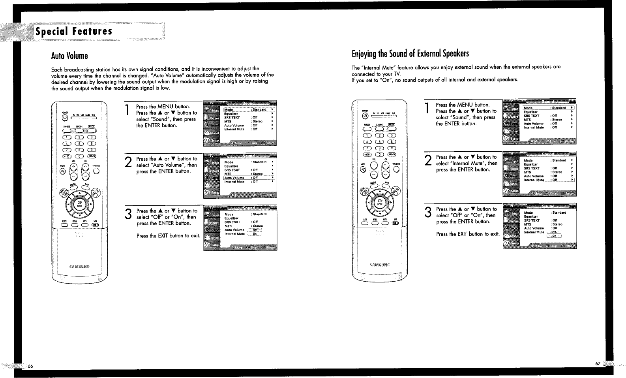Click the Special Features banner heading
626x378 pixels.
[x=74, y=32]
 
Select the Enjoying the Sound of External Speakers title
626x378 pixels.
[x=410, y=54]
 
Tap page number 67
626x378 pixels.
[x=598, y=363]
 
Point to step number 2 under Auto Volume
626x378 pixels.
[x=128, y=162]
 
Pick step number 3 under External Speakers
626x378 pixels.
[x=427, y=213]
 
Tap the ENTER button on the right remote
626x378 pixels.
[x=380, y=202]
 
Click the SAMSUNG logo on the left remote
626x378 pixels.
[x=79, y=266]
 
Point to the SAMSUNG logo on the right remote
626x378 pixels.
[x=379, y=265]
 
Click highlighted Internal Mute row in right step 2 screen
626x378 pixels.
[x=548, y=180]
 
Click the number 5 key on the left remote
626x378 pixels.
[x=79, y=144]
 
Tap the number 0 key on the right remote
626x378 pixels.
[x=379, y=154]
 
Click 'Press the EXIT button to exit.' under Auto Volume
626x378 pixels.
[x=168, y=236]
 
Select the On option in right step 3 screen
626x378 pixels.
[x=554, y=236]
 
